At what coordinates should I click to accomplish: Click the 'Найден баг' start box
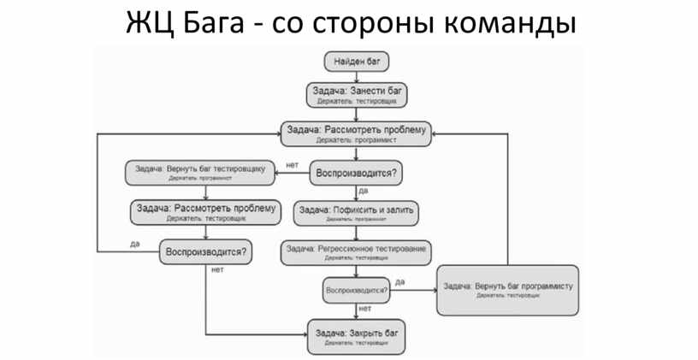357,62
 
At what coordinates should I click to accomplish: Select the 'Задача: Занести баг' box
357,93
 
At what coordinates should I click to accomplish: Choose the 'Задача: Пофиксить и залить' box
356,213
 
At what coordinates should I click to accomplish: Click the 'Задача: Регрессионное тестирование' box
356,251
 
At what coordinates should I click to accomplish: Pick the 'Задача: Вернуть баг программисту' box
508,290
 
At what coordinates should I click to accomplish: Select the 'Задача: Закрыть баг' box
357,336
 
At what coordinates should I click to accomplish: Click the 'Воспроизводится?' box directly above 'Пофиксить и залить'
357,173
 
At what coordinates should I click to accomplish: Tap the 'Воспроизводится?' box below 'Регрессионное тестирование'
357,291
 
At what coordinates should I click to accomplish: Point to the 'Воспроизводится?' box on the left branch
207,251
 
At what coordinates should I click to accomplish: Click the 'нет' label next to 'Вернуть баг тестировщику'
293,164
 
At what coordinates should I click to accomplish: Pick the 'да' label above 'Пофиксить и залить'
364,191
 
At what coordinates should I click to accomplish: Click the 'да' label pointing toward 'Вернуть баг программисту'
400,281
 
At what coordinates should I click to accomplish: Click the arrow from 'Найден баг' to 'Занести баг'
357,76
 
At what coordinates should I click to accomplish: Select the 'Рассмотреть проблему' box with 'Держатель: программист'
357,133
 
